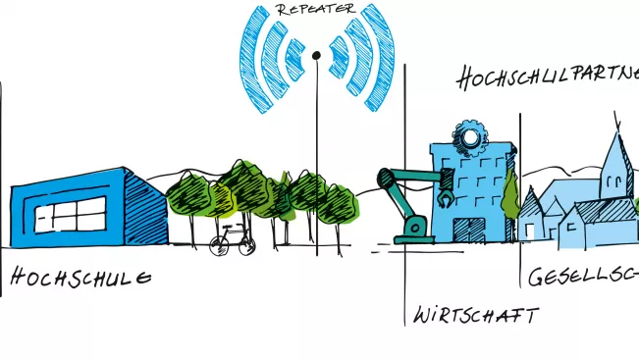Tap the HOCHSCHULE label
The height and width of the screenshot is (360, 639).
pyautogui.click(x=81, y=278)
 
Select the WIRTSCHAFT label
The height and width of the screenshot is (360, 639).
pyautogui.click(x=475, y=316)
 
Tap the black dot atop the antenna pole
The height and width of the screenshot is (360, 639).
pyautogui.click(x=316, y=55)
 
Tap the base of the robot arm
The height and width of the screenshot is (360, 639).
pyautogui.click(x=412, y=231)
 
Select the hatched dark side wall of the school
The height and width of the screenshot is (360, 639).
pyautogui.click(x=149, y=207)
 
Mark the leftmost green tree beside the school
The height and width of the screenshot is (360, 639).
pyautogui.click(x=186, y=201)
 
